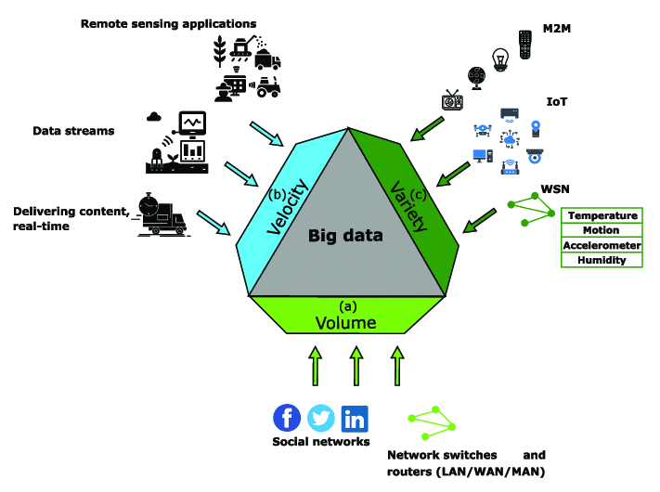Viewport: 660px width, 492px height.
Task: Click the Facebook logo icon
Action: pyautogui.click(x=287, y=419)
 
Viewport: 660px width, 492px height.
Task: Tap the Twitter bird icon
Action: pyautogui.click(x=320, y=419)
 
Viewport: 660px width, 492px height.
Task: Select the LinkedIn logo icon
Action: pyautogui.click(x=354, y=419)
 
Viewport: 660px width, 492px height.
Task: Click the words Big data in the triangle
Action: pyautogui.click(x=345, y=236)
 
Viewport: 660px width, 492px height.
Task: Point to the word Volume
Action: pyautogui.click(x=345, y=323)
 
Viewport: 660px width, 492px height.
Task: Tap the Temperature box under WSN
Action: pyautogui.click(x=602, y=216)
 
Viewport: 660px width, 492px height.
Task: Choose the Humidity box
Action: pyautogui.click(x=602, y=261)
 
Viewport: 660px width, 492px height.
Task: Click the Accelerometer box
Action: pyautogui.click(x=602, y=246)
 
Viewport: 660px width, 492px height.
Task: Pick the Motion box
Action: pyautogui.click(x=602, y=231)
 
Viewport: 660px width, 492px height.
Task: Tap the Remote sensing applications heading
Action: pyautogui.click(x=168, y=21)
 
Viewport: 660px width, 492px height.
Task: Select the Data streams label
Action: pyautogui.click(x=73, y=131)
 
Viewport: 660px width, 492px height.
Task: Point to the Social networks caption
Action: pyautogui.click(x=320, y=442)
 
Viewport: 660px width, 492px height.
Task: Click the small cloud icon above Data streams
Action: pyautogui.click(x=154, y=117)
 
